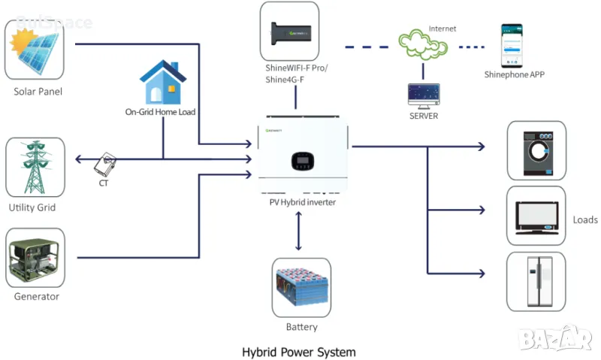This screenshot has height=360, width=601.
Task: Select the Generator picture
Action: (x=35, y=258)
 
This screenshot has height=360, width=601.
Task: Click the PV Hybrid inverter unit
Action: (x=304, y=154)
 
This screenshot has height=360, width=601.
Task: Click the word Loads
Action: (x=585, y=220)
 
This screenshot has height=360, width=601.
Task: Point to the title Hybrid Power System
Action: (x=299, y=351)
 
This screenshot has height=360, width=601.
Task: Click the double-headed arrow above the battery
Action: (x=300, y=231)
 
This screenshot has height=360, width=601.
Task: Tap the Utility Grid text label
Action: (x=32, y=207)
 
